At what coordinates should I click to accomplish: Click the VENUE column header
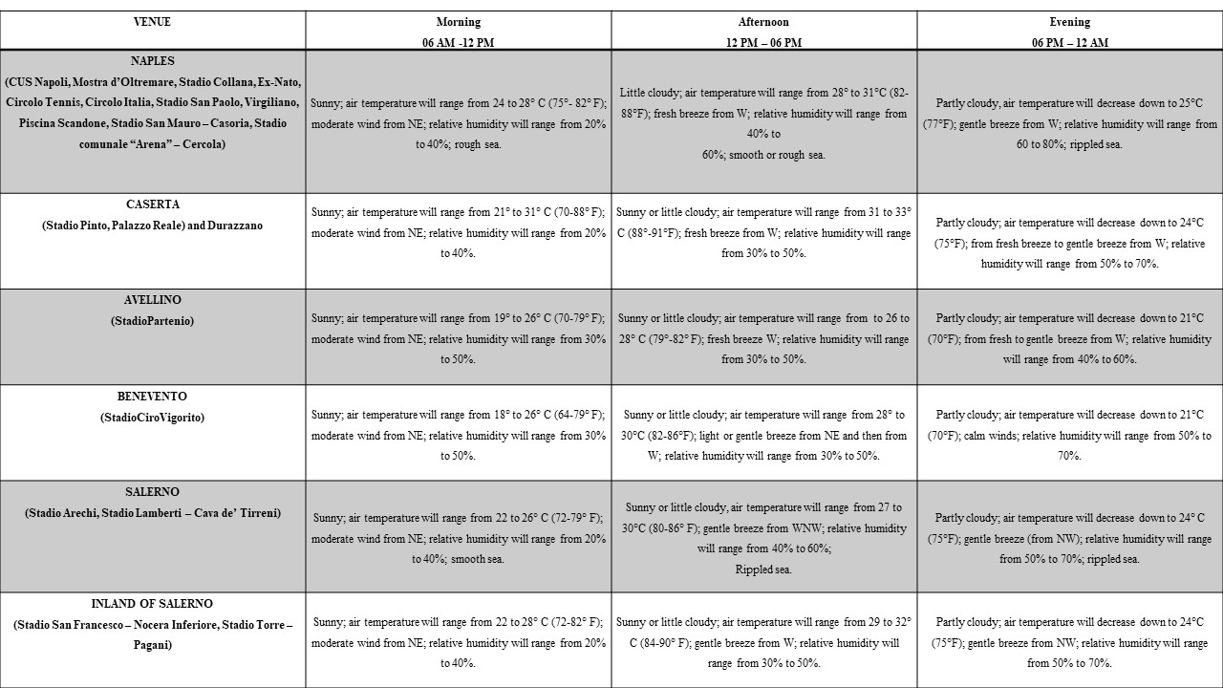[x=153, y=22]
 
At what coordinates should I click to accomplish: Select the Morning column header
[x=459, y=22]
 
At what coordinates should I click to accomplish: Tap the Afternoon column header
[x=764, y=22]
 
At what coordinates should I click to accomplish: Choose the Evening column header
[x=1069, y=22]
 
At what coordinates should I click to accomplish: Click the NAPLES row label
[x=153, y=61]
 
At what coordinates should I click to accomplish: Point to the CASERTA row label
[x=153, y=204]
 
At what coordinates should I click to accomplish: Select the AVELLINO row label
[x=153, y=300]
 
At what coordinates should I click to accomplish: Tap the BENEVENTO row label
[x=153, y=397]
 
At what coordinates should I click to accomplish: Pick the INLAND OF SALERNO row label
[x=153, y=604]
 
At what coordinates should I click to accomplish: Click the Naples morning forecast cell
[x=459, y=123]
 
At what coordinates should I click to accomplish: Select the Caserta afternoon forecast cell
[x=764, y=232]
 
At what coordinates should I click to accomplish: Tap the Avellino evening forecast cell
[x=1069, y=338]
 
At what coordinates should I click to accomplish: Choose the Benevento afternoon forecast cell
[x=764, y=435]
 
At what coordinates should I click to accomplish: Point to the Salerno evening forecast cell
[x=1069, y=538]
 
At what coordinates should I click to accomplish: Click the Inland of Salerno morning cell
[x=459, y=642]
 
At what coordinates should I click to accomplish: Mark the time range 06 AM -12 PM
[x=459, y=43]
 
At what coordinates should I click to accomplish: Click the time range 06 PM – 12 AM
[x=1069, y=43]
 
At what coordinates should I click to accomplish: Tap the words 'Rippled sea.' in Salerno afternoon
[x=763, y=570]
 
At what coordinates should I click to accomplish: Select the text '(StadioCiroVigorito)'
[x=153, y=418]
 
